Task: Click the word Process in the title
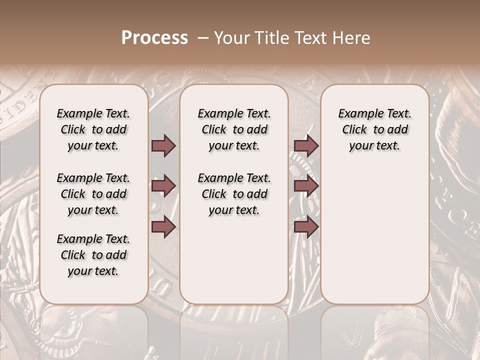[x=154, y=38]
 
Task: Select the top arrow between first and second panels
[x=163, y=145]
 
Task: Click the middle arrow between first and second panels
[x=163, y=186]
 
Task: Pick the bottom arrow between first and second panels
[x=163, y=227]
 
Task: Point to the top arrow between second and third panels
[x=306, y=145]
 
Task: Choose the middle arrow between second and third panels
[x=306, y=186]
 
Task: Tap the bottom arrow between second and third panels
[x=306, y=227]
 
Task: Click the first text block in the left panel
[x=93, y=129]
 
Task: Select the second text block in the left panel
[x=93, y=194]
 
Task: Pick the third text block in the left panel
[x=93, y=255]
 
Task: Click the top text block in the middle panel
[x=234, y=129]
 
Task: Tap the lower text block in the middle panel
[x=234, y=194]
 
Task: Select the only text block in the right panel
[x=374, y=129]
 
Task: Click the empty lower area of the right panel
[x=374, y=235]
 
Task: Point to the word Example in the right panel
[x=356, y=114]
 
